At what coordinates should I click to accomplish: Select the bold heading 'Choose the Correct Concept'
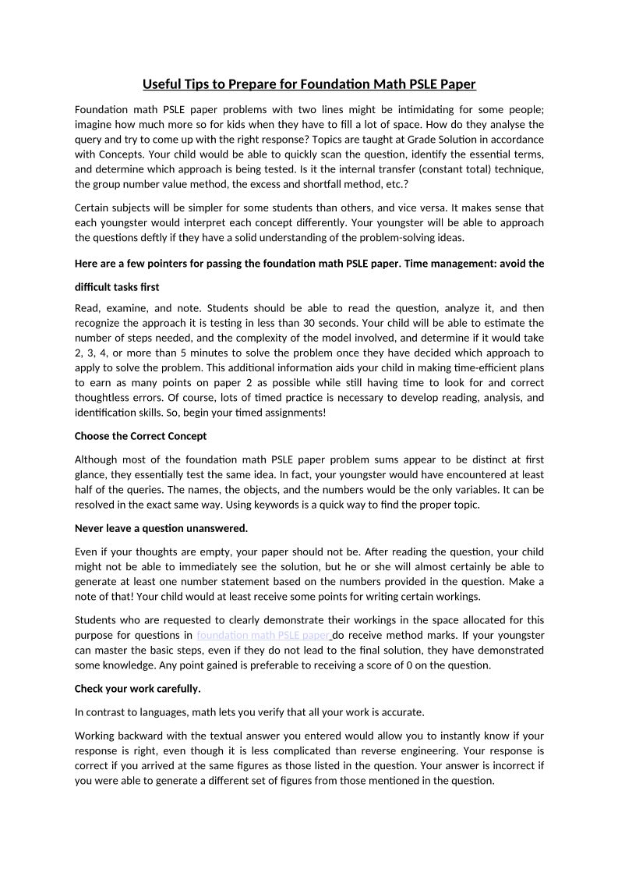(140, 435)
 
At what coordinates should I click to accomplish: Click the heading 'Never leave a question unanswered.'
(161, 528)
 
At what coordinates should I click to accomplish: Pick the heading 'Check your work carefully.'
(137, 688)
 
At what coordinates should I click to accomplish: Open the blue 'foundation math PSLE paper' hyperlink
(263, 635)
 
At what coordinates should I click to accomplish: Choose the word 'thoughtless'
(106, 397)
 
